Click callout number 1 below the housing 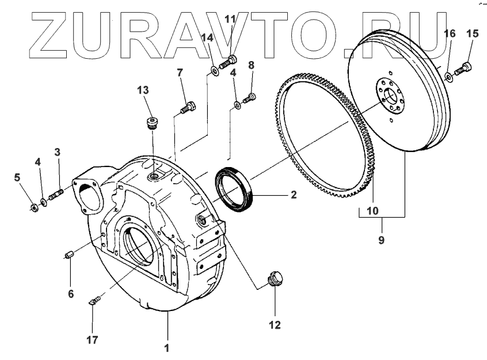[x=167, y=347]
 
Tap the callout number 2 [x=293, y=195]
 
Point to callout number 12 [x=274, y=324]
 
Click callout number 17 [x=92, y=340]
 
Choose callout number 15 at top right [x=472, y=34]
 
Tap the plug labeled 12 [x=275, y=281]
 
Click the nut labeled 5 [x=34, y=204]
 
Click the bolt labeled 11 [x=229, y=60]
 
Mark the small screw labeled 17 [x=96, y=300]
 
